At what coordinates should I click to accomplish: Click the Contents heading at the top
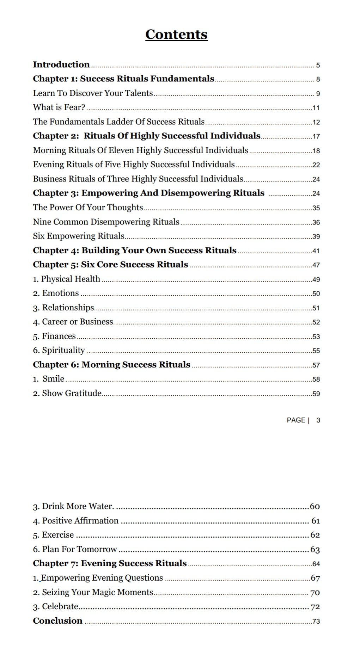tap(176, 35)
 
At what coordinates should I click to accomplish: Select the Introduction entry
tap(61, 64)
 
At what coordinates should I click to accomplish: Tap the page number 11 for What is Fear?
tap(316, 108)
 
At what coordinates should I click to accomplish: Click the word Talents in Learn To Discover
tap(141, 93)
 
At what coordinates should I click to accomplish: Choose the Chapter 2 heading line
tap(147, 136)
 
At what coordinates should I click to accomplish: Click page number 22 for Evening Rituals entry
tap(316, 165)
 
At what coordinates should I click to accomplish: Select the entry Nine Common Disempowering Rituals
tap(106, 222)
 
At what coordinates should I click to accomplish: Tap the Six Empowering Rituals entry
tap(79, 236)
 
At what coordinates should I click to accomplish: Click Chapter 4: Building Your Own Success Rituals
tap(135, 251)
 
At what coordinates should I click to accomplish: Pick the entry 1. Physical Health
tap(67, 279)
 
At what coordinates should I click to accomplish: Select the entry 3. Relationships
tap(64, 308)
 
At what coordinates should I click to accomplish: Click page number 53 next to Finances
tap(316, 336)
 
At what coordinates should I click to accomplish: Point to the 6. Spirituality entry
tap(59, 350)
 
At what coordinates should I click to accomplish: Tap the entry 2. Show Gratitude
tap(67, 393)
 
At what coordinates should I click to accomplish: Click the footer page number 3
tap(318, 420)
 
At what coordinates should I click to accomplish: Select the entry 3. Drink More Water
tap(73, 506)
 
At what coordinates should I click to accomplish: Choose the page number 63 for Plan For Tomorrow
tap(315, 549)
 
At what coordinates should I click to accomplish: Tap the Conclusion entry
tap(58, 621)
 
